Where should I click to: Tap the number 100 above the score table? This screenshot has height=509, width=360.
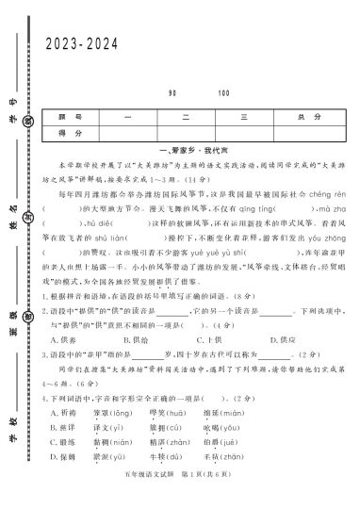(x=223, y=93)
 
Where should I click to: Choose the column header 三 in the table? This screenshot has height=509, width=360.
(x=243, y=116)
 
